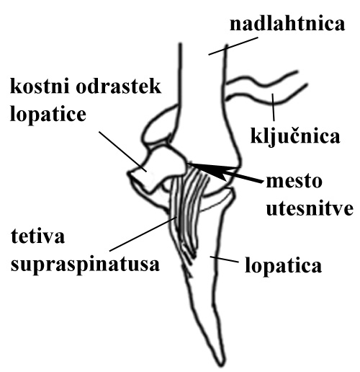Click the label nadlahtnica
point(287,24)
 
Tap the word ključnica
point(295,136)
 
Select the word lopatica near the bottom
point(283,265)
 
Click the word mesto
point(294,182)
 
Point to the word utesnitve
point(310,208)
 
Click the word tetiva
point(37,236)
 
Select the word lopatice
point(48,114)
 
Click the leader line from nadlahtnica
point(233,46)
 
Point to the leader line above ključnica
point(273,107)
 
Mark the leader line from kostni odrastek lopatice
point(122,151)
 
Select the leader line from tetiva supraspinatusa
point(143,234)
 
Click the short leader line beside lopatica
point(224,260)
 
